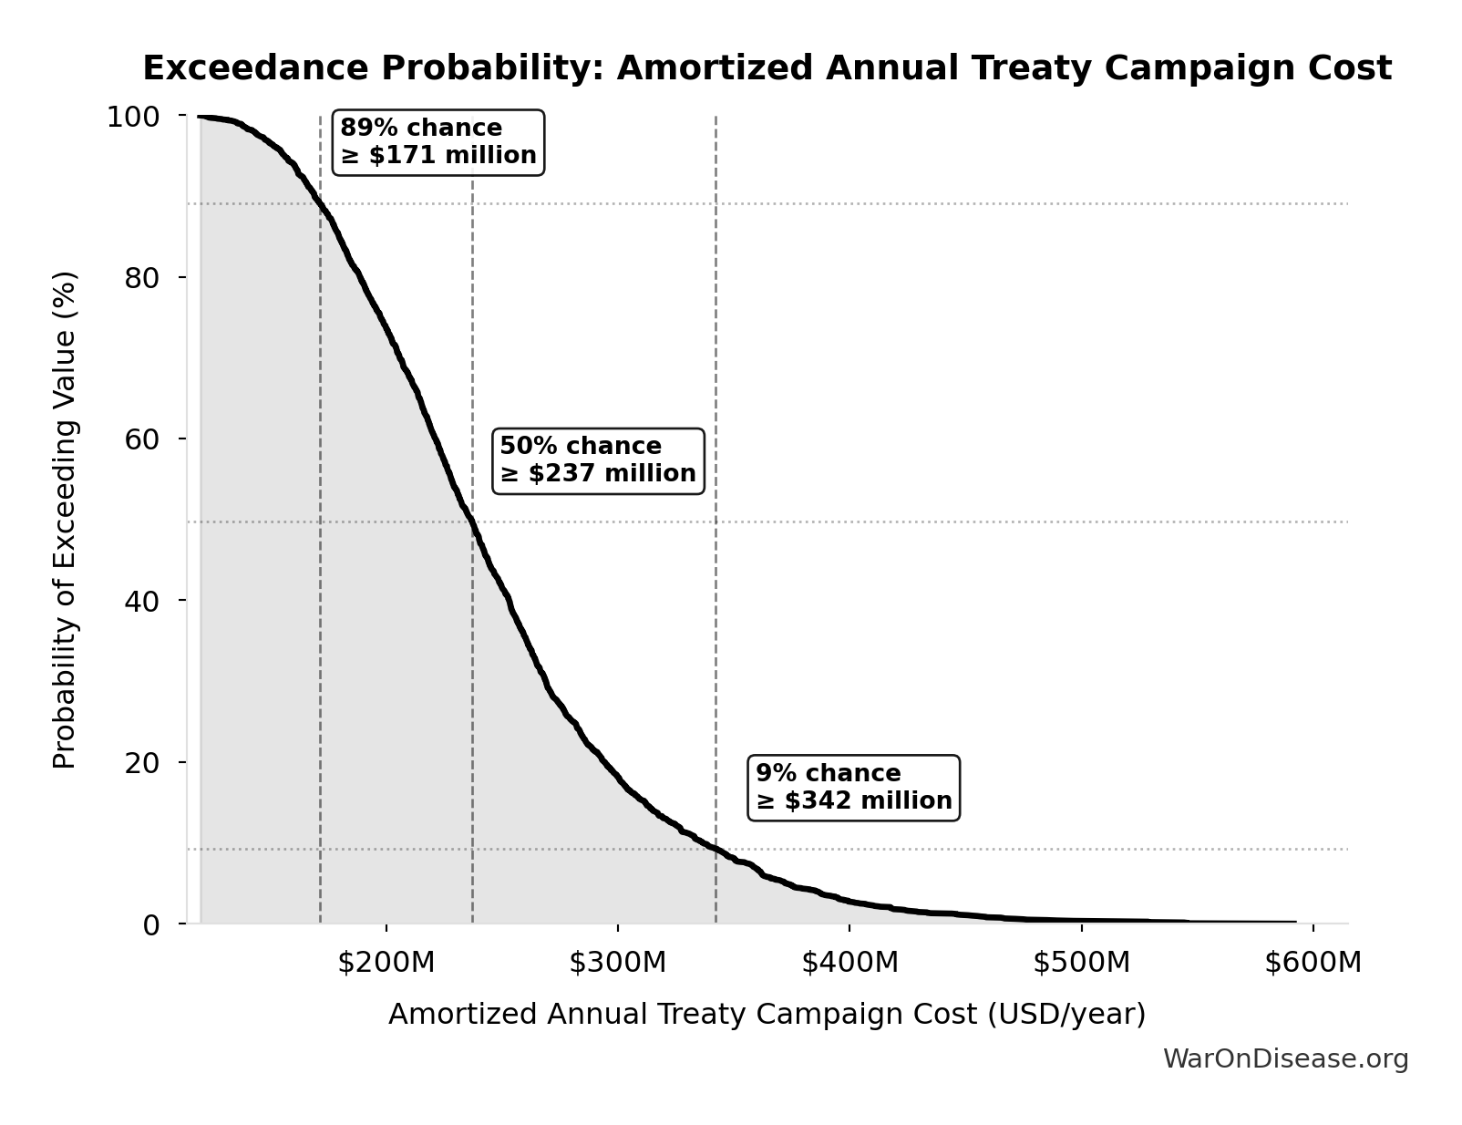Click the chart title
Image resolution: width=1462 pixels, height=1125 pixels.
point(767,68)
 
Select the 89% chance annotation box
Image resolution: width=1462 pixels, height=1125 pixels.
point(438,142)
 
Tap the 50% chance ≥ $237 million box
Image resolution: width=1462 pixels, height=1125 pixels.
point(598,460)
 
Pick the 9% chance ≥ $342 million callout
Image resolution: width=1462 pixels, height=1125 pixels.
point(853,788)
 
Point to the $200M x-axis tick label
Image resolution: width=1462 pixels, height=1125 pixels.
point(386,963)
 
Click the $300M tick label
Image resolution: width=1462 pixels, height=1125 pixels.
point(618,963)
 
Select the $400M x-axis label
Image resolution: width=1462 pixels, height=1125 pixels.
point(849,963)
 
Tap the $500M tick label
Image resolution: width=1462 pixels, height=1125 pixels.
point(1081,963)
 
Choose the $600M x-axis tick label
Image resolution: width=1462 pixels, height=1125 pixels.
point(1313,963)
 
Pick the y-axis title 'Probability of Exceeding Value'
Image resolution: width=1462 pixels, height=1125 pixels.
point(65,520)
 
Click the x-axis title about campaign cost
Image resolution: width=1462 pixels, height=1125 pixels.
point(767,1015)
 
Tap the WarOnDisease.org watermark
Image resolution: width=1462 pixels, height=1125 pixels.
point(1285,1059)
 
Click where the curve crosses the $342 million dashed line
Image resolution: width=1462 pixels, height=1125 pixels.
point(716,849)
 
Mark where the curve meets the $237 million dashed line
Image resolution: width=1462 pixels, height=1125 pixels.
point(472,521)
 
